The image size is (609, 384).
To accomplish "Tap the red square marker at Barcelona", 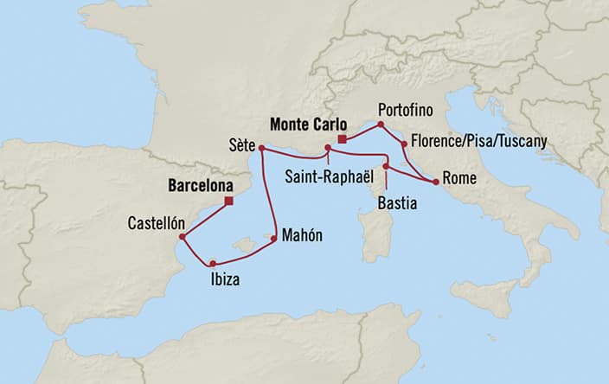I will pyautogui.click(x=228, y=202).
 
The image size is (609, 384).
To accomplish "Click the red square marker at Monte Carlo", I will pyautogui.click(x=343, y=138).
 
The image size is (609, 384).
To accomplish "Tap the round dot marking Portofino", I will pyautogui.click(x=380, y=125).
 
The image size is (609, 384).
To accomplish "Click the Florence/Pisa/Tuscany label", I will pyautogui.click(x=478, y=140).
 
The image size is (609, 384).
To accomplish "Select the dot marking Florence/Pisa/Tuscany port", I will pyautogui.click(x=404, y=142).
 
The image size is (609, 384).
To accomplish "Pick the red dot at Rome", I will pyautogui.click(x=434, y=182).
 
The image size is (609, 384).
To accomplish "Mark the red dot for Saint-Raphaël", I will pyautogui.click(x=327, y=148).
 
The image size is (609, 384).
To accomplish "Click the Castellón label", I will pyautogui.click(x=152, y=221).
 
